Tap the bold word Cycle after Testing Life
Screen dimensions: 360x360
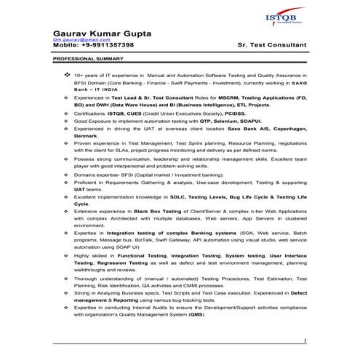81,203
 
